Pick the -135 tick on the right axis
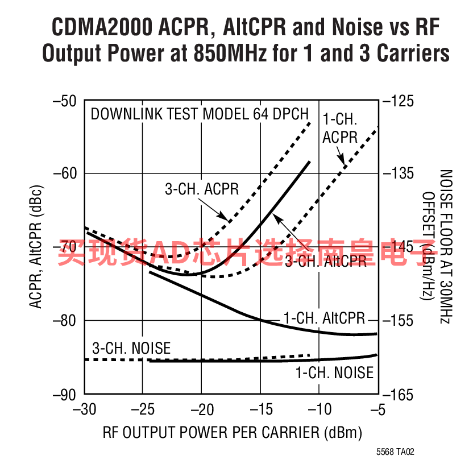[401, 173]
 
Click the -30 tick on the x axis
[85, 409]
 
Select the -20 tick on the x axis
[202, 409]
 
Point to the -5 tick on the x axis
[377, 409]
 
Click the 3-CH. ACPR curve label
[202, 189]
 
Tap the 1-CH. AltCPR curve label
[324, 318]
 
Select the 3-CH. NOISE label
[131, 347]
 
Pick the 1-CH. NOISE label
[334, 372]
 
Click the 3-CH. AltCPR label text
[326, 261]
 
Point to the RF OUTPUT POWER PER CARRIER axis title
[233, 432]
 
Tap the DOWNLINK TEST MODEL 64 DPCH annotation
[200, 113]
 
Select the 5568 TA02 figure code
[395, 453]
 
